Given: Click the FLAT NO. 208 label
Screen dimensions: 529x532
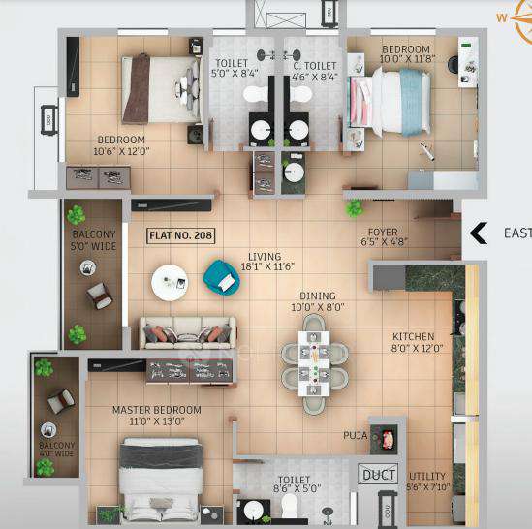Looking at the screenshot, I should (181, 235).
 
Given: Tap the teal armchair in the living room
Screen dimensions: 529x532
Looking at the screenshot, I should (221, 278).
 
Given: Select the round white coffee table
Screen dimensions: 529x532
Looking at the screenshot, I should (172, 282).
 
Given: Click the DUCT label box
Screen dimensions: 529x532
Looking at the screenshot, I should (376, 475).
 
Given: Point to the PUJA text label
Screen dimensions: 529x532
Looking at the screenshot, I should (355, 436).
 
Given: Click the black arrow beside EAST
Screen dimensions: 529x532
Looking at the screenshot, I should (478, 233).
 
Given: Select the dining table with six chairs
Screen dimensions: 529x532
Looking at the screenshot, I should (309, 358).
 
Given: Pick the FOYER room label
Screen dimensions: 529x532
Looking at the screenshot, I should (382, 233).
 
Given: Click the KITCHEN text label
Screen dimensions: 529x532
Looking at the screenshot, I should (413, 336).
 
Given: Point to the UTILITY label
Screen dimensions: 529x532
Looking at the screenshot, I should (427, 477).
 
